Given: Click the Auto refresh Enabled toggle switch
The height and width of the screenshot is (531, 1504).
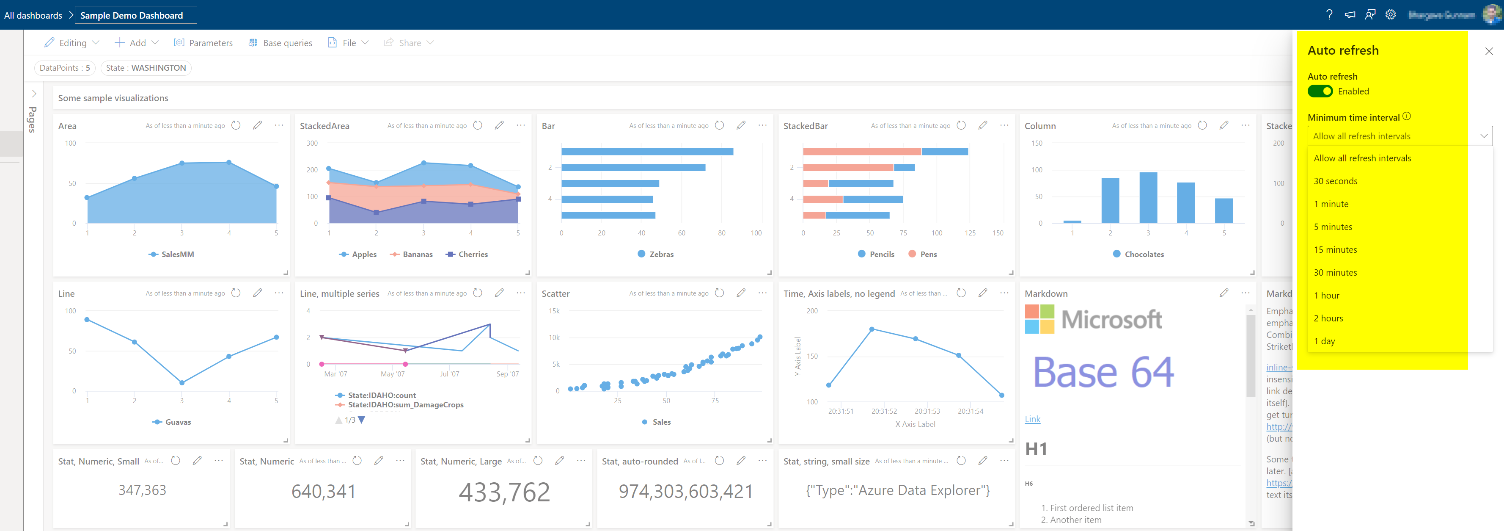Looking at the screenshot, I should pyautogui.click(x=1320, y=91).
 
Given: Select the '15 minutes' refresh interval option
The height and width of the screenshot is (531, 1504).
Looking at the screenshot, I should pyautogui.click(x=1335, y=249).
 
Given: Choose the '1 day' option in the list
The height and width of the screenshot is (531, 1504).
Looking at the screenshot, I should pyautogui.click(x=1324, y=341).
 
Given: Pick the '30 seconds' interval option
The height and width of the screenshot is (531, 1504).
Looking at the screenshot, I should pyautogui.click(x=1335, y=181).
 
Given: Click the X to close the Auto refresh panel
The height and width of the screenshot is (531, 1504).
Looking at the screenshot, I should pyautogui.click(x=1488, y=51).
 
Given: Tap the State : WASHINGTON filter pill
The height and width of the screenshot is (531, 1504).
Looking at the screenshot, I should pyautogui.click(x=146, y=68).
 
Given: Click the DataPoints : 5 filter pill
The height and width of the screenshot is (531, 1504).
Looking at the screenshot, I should pyautogui.click(x=65, y=68).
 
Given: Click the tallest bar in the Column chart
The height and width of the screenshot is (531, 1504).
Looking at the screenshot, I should pyautogui.click(x=1148, y=197).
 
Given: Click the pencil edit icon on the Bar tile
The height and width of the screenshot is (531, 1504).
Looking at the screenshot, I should pyautogui.click(x=741, y=125).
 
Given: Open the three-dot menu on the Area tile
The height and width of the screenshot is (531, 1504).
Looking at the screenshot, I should pyautogui.click(x=279, y=125).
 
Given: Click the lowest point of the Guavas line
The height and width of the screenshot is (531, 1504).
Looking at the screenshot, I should pyautogui.click(x=181, y=383).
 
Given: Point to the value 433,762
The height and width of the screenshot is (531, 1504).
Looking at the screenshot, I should pyautogui.click(x=504, y=492).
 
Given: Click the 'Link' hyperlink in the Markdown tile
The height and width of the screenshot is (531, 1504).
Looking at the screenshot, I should pyautogui.click(x=1032, y=419).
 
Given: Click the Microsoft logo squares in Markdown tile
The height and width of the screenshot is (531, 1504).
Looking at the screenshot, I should pyautogui.click(x=1039, y=319).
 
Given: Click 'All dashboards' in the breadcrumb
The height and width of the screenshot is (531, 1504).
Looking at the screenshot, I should pyautogui.click(x=33, y=15).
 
